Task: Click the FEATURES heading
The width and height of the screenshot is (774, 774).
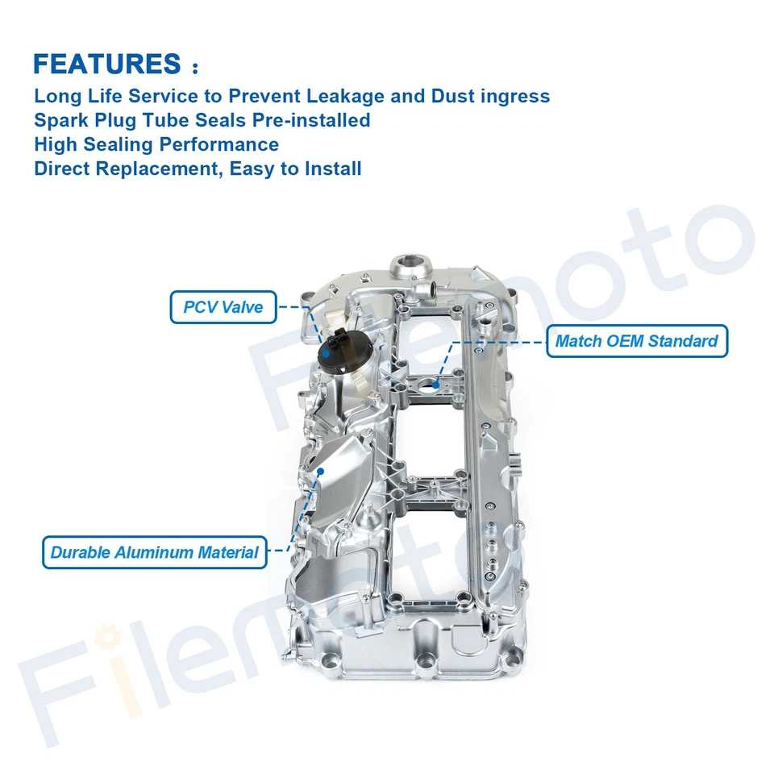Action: coord(107,64)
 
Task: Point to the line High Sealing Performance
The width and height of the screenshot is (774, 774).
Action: coord(156,144)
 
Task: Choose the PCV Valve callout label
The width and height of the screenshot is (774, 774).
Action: coord(223,307)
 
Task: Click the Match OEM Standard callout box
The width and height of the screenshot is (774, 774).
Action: coord(636,341)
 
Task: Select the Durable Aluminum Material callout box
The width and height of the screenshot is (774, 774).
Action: coord(154,552)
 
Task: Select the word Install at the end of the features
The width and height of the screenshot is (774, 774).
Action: coord(331,169)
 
